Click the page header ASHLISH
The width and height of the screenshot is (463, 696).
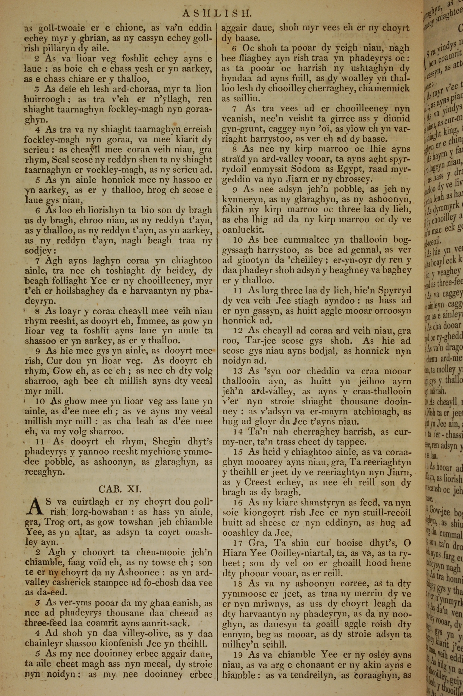tap(216, 13)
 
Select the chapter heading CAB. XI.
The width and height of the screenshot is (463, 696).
tap(120, 489)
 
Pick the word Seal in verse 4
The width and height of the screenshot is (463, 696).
tap(61, 160)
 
